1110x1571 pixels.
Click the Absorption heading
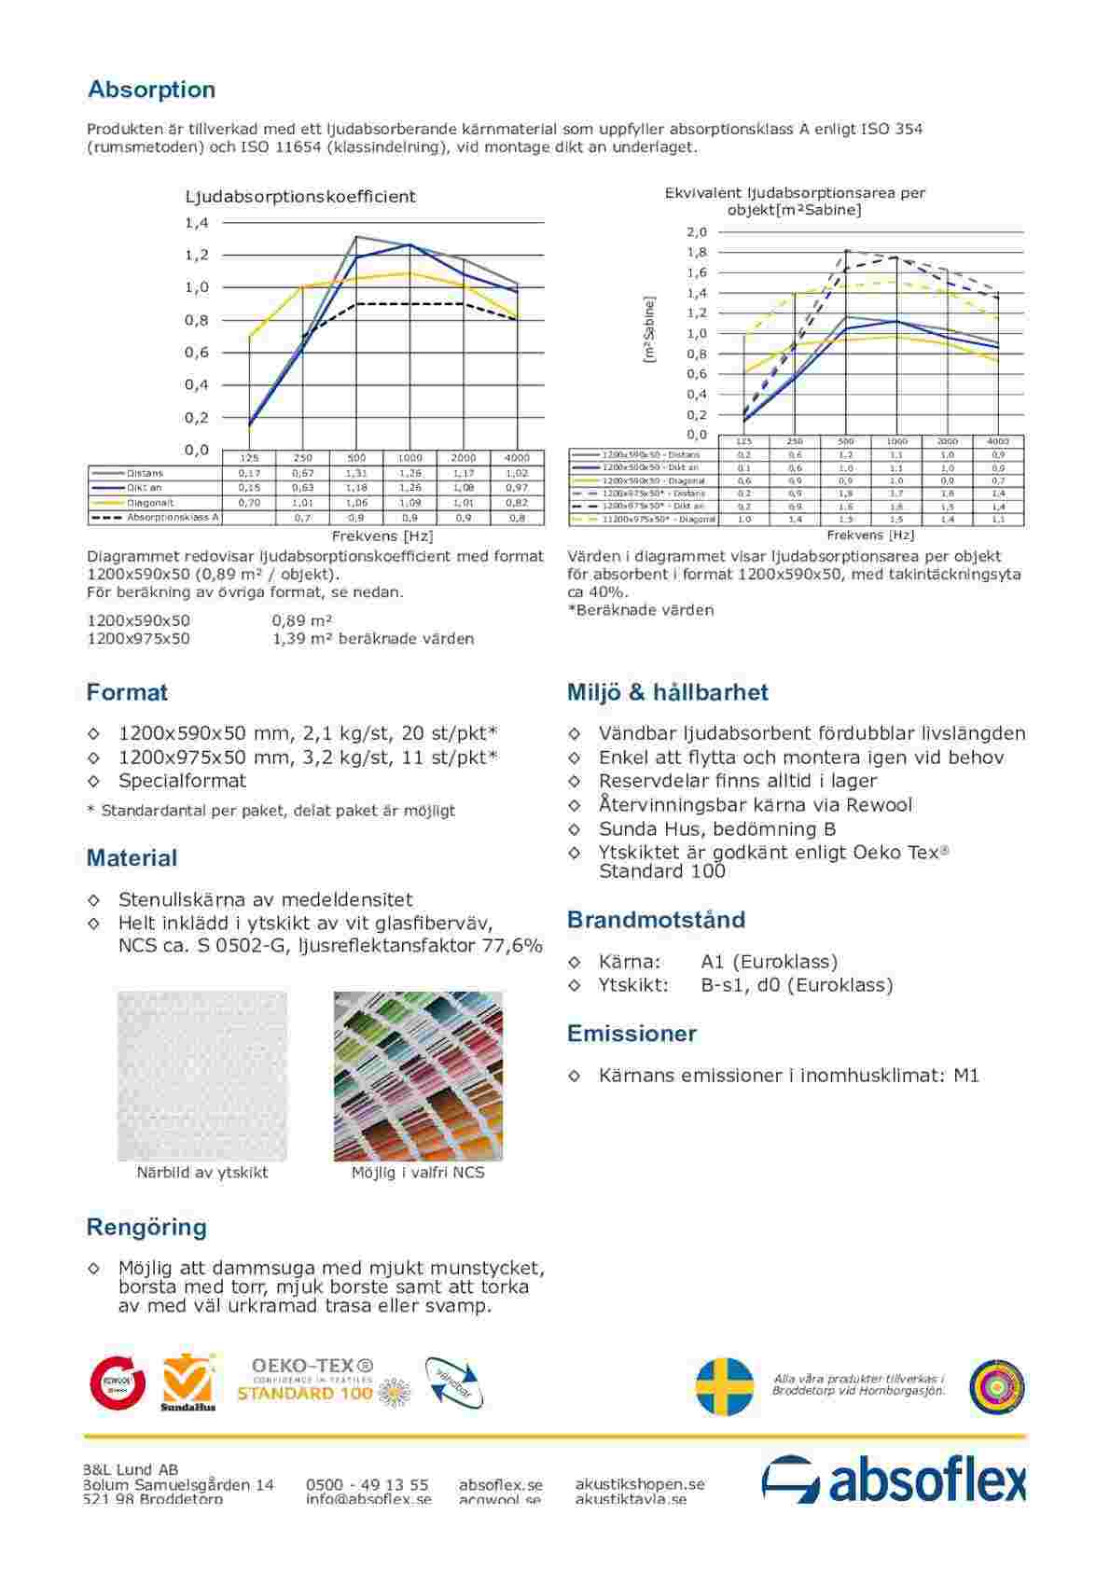151,90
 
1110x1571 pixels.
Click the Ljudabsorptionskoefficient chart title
299,197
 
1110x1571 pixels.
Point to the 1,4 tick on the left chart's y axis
196,223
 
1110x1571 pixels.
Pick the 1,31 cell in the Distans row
356,473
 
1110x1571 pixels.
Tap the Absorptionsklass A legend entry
173,517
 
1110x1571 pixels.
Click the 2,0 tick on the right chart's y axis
697,232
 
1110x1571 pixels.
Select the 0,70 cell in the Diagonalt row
249,503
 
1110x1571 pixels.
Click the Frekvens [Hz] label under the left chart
382,536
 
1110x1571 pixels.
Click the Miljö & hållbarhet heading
667,692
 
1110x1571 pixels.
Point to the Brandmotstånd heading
656,920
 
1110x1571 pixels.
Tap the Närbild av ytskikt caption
202,1173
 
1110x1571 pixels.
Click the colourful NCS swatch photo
418,1076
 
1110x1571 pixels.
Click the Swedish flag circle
726,1386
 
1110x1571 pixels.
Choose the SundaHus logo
188,1383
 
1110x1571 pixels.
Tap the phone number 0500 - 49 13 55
367,1484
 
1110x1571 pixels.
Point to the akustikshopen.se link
640,1483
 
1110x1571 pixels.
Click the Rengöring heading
146,1227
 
